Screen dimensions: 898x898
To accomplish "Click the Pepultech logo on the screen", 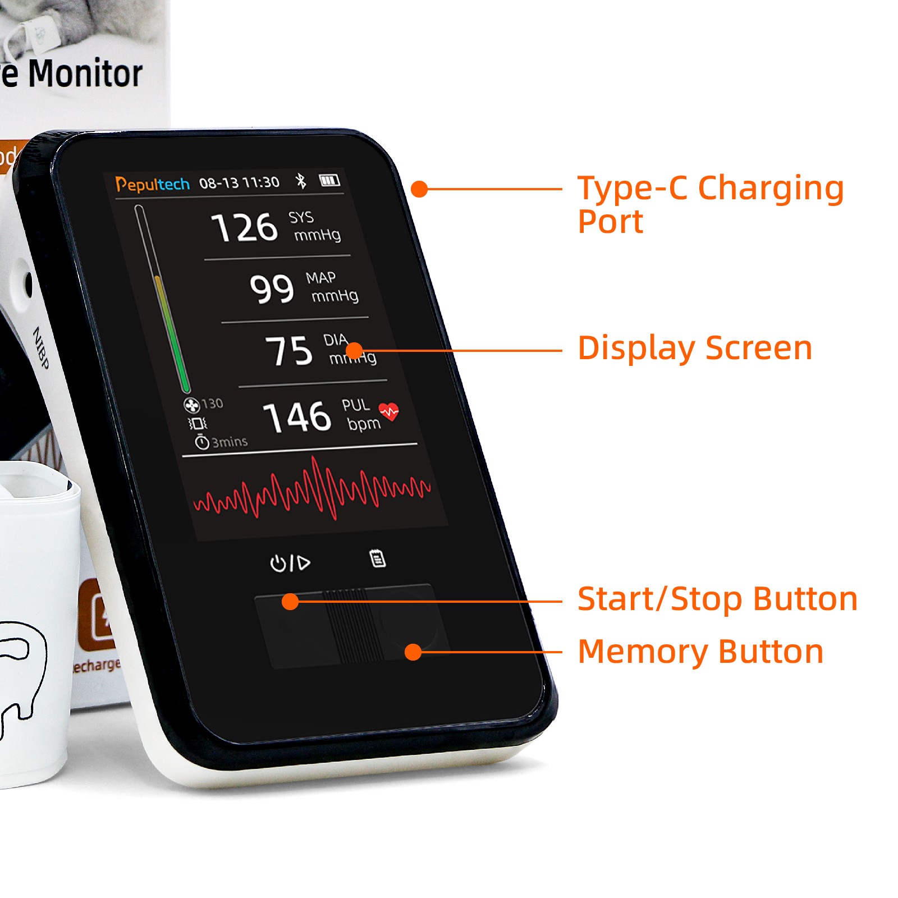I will [152, 184].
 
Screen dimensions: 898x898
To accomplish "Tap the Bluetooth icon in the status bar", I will [301, 181].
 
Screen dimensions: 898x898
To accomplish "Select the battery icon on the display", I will [329, 180].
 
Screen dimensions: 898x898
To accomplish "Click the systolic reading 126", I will [245, 227].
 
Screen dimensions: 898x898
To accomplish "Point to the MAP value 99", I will [272, 288].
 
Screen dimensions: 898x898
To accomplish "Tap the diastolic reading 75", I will [289, 351].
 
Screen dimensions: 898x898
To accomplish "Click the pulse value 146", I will [297, 417].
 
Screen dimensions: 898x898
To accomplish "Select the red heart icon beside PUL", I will [389, 411].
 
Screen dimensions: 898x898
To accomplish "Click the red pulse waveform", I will [312, 489].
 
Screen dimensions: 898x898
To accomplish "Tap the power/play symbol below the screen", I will [290, 562].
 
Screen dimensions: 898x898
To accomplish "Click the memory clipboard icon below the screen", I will [378, 558].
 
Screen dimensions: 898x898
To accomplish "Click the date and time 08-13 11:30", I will [239, 183].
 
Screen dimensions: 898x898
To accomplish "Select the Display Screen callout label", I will [695, 349].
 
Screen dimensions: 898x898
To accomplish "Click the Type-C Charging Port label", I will [711, 204].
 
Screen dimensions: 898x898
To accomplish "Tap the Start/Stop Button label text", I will [717, 599].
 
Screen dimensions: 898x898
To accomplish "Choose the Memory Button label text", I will [700, 652].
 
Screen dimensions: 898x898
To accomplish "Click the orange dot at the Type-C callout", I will [419, 189].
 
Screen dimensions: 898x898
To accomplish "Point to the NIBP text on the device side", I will [41, 348].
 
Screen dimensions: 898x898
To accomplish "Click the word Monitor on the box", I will [85, 74].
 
